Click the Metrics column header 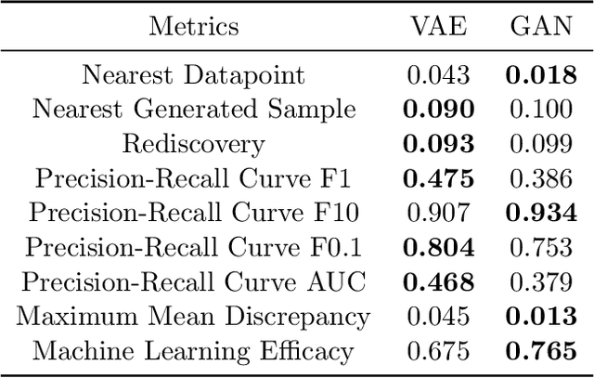194,25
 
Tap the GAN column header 542,25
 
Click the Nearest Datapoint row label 194,74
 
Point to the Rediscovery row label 194,144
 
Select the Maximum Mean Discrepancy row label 194,317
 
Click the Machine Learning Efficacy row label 194,352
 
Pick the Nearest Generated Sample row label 194,109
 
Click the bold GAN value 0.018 542,74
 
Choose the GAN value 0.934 542,213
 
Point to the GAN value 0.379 542,282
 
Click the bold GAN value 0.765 542,352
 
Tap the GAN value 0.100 542,109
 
